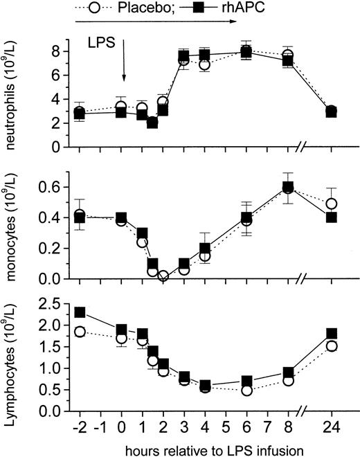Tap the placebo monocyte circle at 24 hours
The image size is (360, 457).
tap(331, 204)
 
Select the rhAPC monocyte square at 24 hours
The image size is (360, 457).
tap(331, 217)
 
